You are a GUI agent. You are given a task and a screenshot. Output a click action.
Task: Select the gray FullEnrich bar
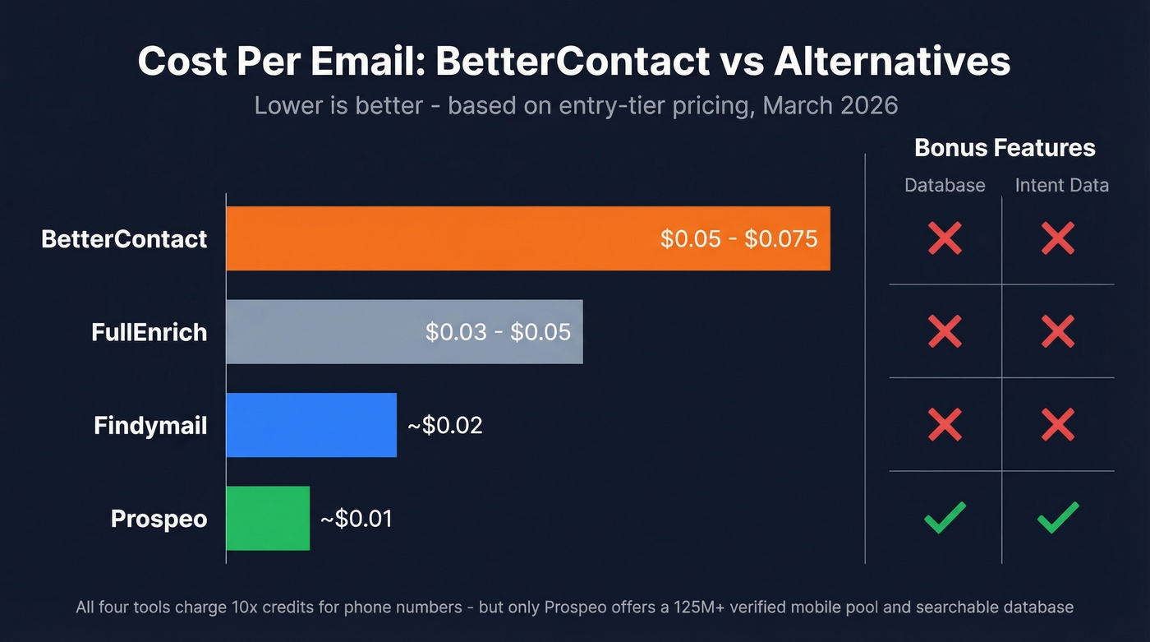tap(329, 332)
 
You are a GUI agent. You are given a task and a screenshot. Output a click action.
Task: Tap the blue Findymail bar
tap(311, 425)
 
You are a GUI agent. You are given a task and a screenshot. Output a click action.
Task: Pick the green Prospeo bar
tap(268, 518)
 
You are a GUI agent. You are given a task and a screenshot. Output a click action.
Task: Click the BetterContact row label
tap(124, 239)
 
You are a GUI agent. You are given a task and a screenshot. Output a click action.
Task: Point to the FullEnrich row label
tap(149, 332)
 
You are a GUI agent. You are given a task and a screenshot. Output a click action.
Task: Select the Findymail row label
tap(150, 426)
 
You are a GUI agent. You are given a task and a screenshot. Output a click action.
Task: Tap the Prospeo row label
tap(159, 519)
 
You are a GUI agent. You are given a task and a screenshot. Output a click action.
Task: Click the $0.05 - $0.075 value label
tap(738, 239)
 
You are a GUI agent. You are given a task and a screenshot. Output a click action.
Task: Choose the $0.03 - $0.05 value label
tap(498, 332)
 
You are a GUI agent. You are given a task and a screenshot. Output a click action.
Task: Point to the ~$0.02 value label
tap(444, 426)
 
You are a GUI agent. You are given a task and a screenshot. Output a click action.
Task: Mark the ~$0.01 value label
tap(356, 519)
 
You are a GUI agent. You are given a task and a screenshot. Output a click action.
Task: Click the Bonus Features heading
tap(1004, 148)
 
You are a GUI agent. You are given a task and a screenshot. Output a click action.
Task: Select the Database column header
tap(945, 186)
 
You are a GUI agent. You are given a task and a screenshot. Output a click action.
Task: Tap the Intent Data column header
tap(1061, 186)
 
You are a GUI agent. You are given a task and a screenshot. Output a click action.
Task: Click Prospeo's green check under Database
tap(945, 518)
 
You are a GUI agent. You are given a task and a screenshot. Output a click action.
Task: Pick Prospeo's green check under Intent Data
tap(1057, 518)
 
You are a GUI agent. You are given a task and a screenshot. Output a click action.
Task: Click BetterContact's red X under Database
tap(945, 238)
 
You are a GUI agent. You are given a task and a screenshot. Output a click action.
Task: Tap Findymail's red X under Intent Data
tap(1057, 425)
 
